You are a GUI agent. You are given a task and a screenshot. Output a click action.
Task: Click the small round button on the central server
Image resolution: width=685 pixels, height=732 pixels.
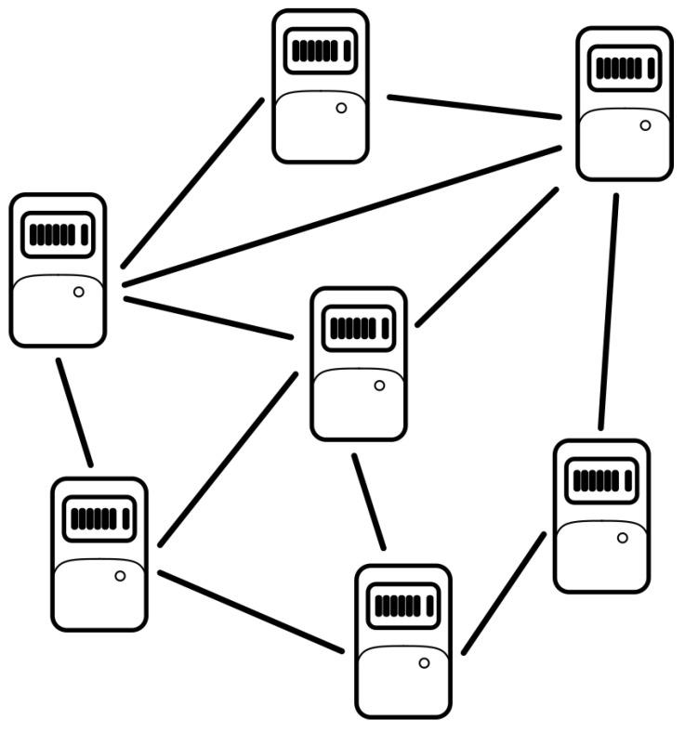point(378,385)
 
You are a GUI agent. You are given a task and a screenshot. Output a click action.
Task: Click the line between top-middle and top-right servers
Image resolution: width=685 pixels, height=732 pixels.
point(474,107)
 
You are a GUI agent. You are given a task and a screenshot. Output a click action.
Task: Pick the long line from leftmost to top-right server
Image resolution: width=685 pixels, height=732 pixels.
point(342,216)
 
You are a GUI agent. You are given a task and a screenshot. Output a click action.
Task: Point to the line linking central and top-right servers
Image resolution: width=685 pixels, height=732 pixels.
point(487,257)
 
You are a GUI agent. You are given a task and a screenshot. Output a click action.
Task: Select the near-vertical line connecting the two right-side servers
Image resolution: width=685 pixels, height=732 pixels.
point(608,311)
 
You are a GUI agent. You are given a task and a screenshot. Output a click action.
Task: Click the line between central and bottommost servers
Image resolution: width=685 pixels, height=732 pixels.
point(368,502)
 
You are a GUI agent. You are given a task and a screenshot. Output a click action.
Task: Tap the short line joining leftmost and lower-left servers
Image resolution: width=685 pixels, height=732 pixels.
point(74,412)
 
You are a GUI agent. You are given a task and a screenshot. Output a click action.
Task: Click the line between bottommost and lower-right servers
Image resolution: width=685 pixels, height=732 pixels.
point(503,594)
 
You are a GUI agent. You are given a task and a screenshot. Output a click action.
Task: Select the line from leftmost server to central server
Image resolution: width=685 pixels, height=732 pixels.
point(209,317)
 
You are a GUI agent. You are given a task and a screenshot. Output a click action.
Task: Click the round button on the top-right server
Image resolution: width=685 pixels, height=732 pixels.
point(645,124)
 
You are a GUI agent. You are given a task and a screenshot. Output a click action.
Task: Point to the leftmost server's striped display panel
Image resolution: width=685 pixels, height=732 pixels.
point(58,234)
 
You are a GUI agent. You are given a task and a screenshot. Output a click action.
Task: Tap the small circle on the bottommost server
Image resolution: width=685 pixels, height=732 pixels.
point(424,663)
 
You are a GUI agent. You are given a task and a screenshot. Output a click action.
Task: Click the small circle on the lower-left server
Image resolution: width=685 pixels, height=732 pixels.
point(120,576)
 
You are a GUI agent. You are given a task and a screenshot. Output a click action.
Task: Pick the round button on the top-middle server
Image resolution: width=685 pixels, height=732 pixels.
point(341,108)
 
